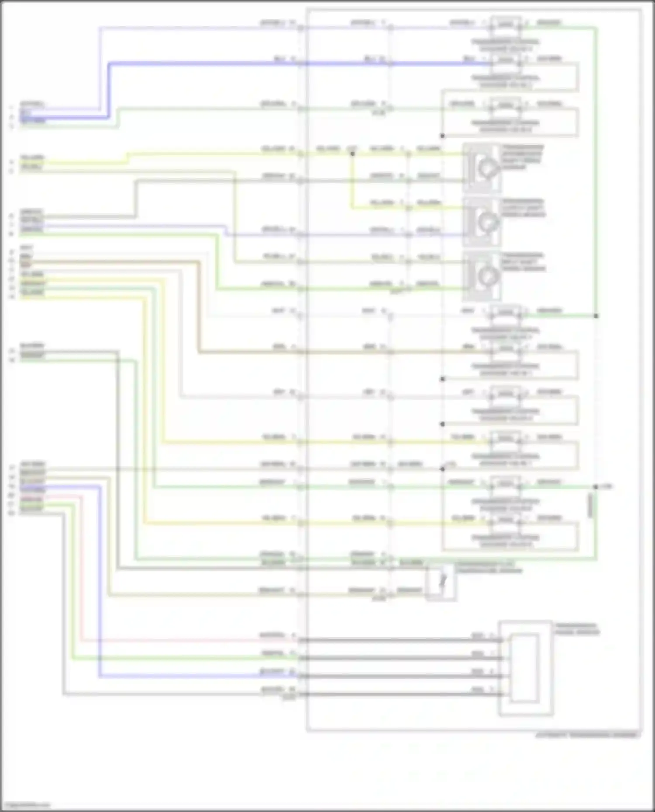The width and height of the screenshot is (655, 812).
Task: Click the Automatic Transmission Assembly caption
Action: tap(587, 735)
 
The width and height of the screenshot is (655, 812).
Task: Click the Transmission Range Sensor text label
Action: tap(576, 629)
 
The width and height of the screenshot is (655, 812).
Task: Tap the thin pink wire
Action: tap(175, 641)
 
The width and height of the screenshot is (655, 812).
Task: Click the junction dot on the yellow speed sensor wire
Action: tap(352, 154)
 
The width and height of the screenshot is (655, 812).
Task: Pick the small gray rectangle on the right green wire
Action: tap(590, 505)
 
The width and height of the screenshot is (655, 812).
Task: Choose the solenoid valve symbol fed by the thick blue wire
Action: tap(506, 60)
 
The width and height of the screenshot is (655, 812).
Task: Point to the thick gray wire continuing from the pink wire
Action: tap(393, 641)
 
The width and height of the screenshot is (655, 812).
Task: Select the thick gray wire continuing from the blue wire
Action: tap(393, 676)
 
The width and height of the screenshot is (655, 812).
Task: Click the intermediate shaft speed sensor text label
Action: tap(522, 157)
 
